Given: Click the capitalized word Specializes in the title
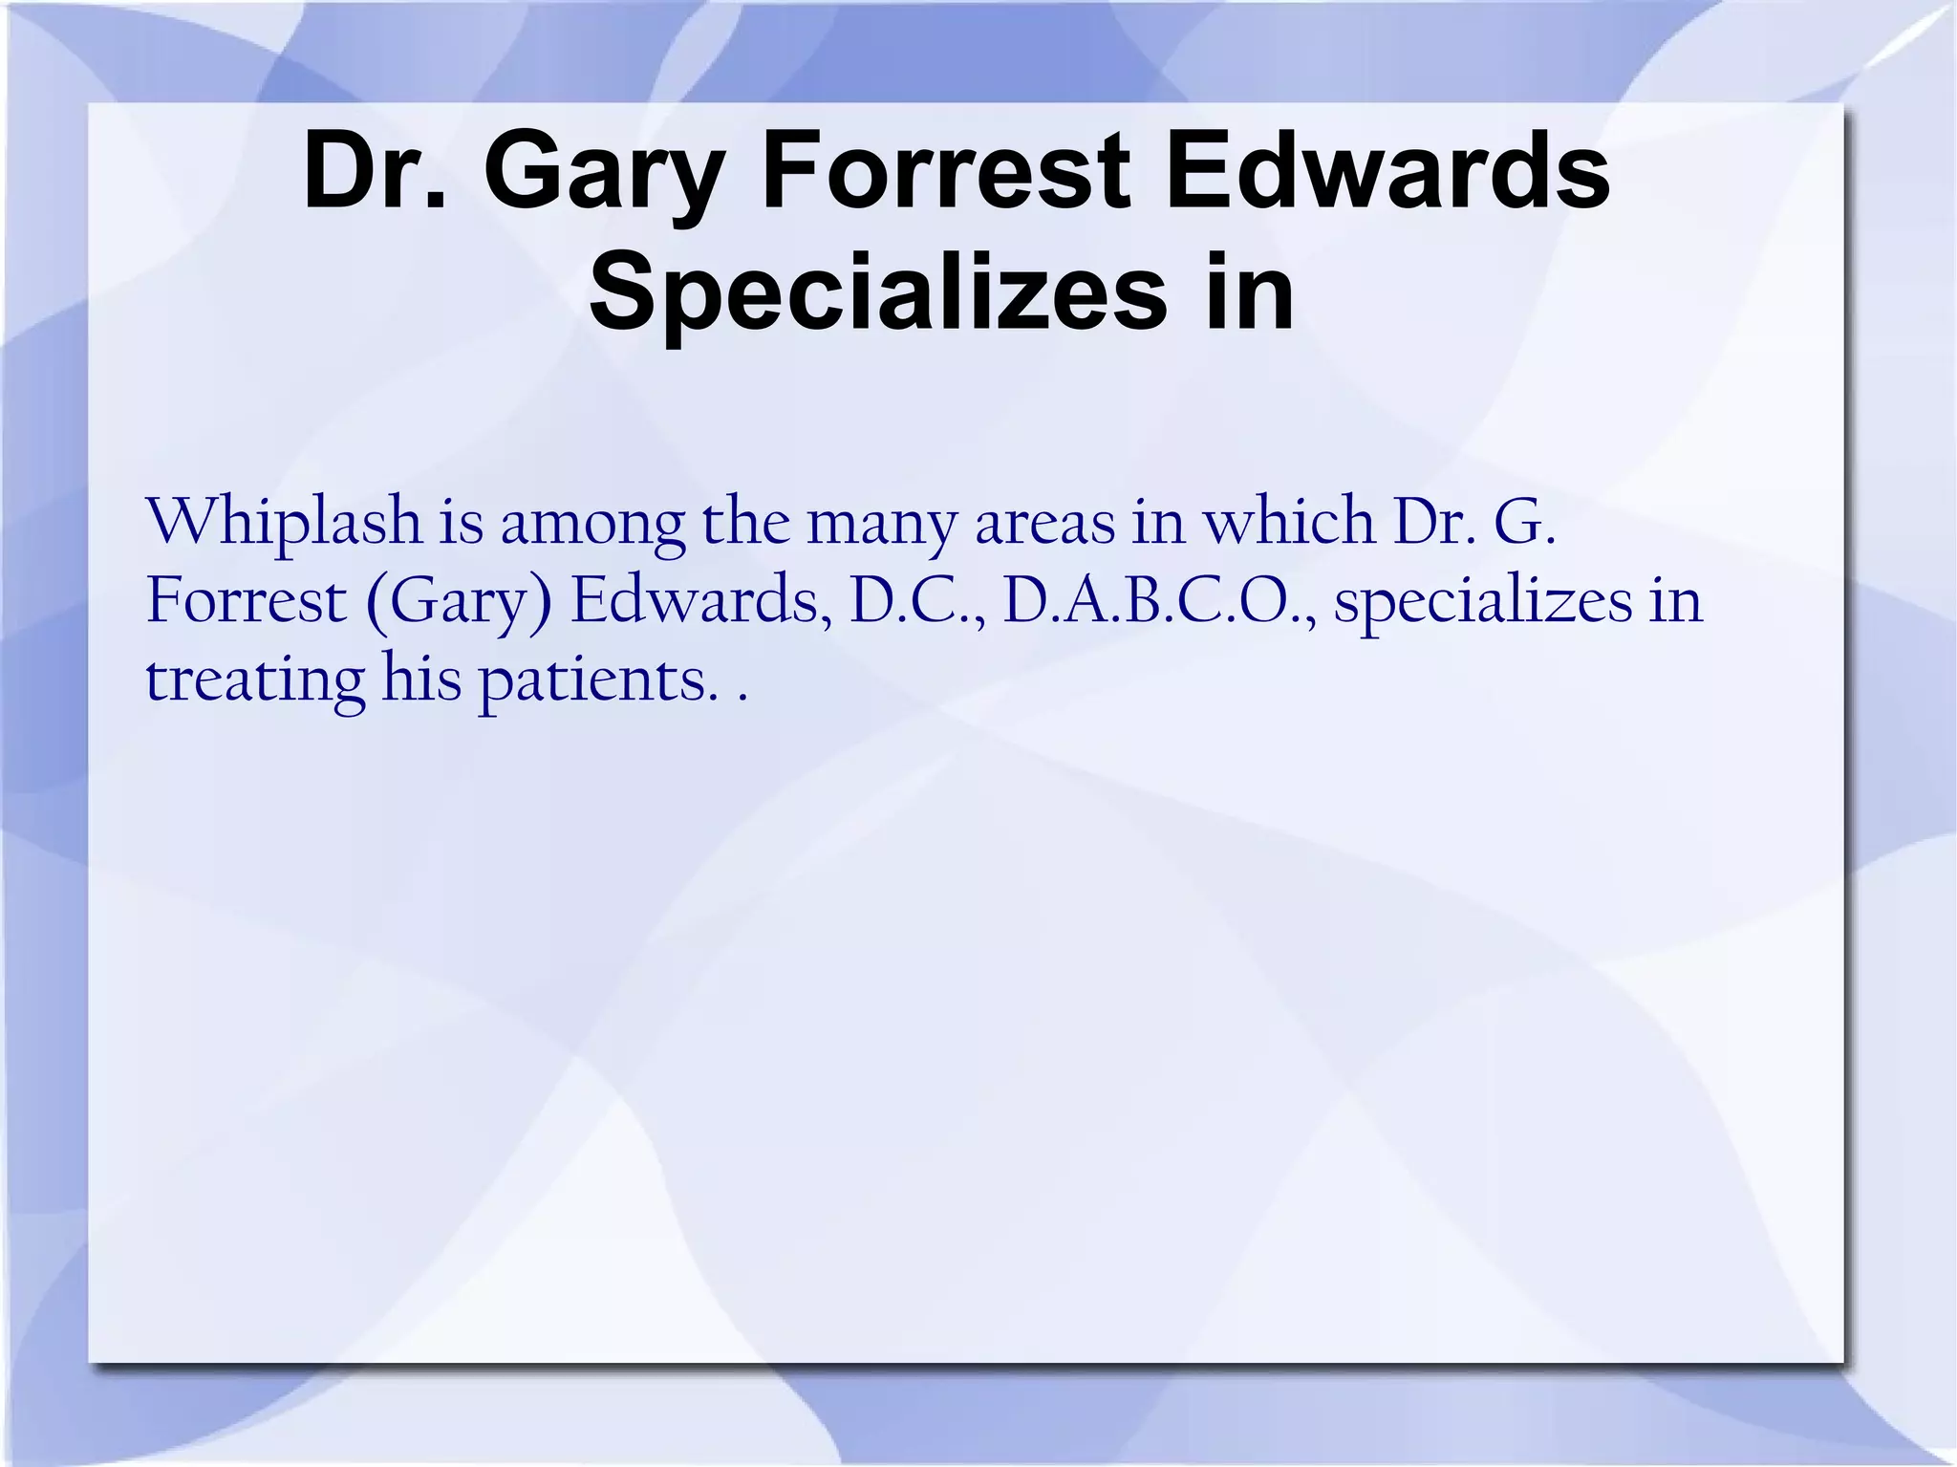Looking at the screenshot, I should click(878, 290).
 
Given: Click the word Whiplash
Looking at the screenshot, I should click(284, 525).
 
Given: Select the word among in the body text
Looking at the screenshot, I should click(592, 525).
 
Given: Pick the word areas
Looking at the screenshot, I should click(1045, 523).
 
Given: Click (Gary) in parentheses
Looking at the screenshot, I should click(459, 603).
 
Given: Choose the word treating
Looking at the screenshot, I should click(255, 681).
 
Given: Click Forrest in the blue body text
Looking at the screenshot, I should click(247, 601).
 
